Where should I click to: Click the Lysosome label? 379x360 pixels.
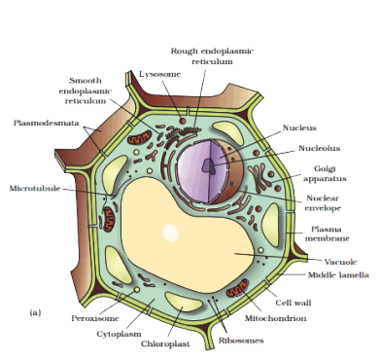point(159,74)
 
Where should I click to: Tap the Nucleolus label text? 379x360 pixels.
point(320,148)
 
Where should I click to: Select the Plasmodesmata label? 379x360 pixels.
point(47,123)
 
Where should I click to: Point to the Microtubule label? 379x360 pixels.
point(35,189)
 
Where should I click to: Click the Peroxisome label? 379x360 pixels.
point(95,318)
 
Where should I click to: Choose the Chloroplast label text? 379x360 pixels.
point(165,343)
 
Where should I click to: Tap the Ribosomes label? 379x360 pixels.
point(241,341)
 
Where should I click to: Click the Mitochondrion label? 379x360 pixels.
point(275,318)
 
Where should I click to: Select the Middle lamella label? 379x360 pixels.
point(338,275)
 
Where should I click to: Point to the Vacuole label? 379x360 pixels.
point(340,262)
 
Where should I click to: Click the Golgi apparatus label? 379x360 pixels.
point(325,173)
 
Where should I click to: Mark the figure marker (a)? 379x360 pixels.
point(35,313)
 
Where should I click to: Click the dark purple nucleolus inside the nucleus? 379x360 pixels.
point(208,165)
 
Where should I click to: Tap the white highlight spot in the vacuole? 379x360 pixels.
point(170,233)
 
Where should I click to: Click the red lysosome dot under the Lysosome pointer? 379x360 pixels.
point(183,121)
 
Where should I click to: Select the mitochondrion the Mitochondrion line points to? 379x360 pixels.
point(237,289)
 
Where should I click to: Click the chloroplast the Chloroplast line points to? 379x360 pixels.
point(183,302)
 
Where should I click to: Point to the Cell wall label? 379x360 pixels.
point(293,303)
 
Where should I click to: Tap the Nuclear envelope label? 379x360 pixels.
point(324,203)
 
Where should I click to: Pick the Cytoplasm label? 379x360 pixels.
point(119,334)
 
